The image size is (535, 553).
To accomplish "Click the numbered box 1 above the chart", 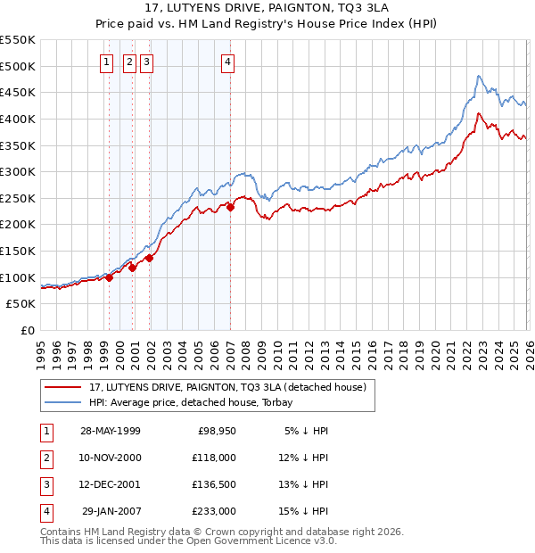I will click(107, 62).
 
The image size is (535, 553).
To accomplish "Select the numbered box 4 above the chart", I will click(228, 62).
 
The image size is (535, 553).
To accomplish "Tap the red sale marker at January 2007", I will click(230, 207).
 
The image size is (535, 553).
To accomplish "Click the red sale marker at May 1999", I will click(110, 277).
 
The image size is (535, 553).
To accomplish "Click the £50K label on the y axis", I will click(21, 304).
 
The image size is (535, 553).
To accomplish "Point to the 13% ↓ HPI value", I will click(306, 484).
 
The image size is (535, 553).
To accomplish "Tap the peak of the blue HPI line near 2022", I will click(479, 77).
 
